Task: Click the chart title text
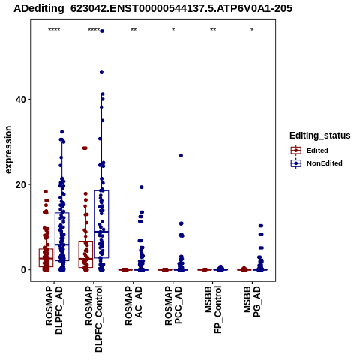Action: pyautogui.click(x=153, y=8)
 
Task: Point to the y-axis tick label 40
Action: pyautogui.click(x=21, y=100)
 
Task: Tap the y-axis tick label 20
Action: pyautogui.click(x=21, y=184)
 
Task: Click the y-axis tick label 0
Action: pyautogui.click(x=23, y=270)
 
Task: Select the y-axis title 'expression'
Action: pyautogui.click(x=8, y=150)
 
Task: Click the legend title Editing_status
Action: pyautogui.click(x=320, y=136)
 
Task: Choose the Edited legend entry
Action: pyautogui.click(x=317, y=151)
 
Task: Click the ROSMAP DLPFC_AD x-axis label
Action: pyautogui.click(x=54, y=310)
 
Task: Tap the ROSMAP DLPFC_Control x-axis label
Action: pyautogui.click(x=94, y=319)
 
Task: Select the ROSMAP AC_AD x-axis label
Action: pyautogui.click(x=133, y=306)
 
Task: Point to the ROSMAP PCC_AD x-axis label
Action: pyautogui.click(x=173, y=306)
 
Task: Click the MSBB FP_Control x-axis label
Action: pyautogui.click(x=213, y=310)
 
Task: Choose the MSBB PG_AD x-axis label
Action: pyautogui.click(x=252, y=301)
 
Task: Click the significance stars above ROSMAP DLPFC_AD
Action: pyautogui.click(x=54, y=30)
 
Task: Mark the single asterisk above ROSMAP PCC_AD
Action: pyautogui.click(x=173, y=30)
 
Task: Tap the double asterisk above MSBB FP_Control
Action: pyautogui.click(x=213, y=30)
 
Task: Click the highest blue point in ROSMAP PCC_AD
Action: pyautogui.click(x=181, y=156)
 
